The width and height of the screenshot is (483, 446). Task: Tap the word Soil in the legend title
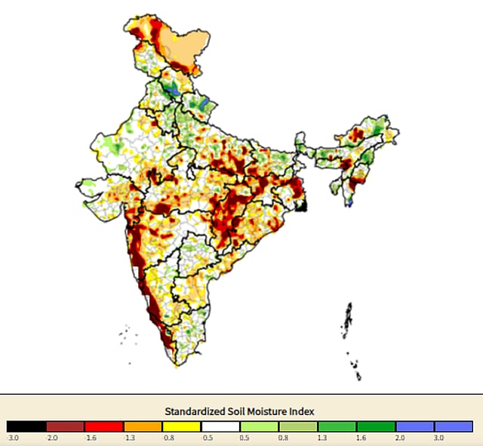pyautogui.click(x=244, y=411)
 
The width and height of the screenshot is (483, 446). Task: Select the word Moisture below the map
pyautogui.click(x=275, y=411)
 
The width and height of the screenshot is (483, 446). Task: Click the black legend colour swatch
pyautogui.click(x=26, y=426)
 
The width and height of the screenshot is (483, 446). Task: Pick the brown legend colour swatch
pyautogui.click(x=65, y=426)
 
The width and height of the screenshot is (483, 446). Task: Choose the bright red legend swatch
pyautogui.click(x=103, y=426)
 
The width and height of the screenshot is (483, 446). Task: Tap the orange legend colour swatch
pyautogui.click(x=143, y=426)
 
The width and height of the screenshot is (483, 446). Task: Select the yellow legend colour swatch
pyautogui.click(x=181, y=426)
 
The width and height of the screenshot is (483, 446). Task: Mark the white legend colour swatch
pyautogui.click(x=220, y=426)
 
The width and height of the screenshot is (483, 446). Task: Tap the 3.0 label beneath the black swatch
pyautogui.click(x=13, y=437)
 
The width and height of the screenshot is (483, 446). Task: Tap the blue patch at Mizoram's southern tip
pyautogui.click(x=350, y=203)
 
